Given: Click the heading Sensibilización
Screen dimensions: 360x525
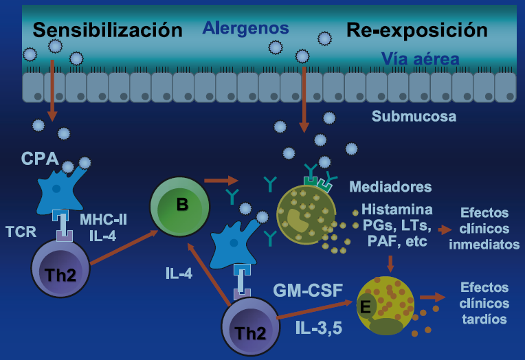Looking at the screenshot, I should (108, 30).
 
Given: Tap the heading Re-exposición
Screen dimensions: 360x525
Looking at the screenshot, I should (416, 30).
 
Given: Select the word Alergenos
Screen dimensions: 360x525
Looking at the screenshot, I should (245, 28).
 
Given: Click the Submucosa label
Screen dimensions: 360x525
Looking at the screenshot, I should (414, 116).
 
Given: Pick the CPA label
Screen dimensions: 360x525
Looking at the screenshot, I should (40, 159).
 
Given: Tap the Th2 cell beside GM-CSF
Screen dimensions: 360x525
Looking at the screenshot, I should (251, 327).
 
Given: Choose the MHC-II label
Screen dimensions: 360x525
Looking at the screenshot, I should (104, 220).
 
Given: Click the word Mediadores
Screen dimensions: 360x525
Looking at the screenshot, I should (390, 187).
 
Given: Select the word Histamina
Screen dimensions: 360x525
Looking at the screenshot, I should (398, 209).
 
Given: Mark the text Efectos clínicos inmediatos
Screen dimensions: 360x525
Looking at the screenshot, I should (488, 227).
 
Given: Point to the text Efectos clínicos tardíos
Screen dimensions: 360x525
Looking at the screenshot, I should (485, 303).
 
